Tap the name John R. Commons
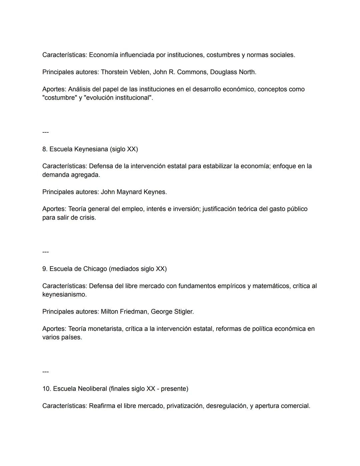180,72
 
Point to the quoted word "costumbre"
59,98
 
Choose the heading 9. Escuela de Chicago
75,269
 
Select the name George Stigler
172,312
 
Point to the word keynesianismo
64,295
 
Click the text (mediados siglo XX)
138,269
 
